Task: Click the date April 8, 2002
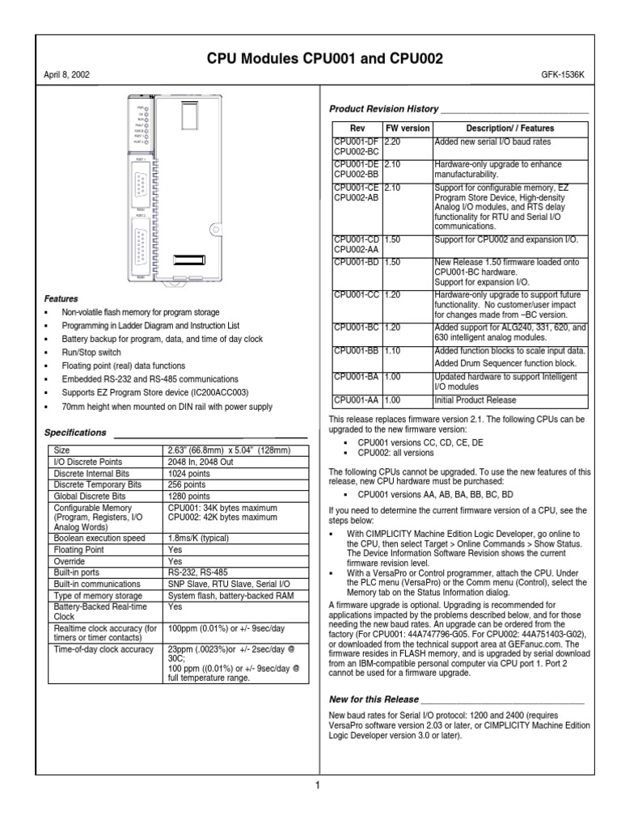coord(66,74)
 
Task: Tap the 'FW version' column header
coord(408,129)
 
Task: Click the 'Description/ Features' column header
coord(511,129)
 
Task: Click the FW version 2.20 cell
coord(395,142)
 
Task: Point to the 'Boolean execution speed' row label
coord(99,538)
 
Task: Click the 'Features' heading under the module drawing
coord(61,298)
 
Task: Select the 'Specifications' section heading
coord(75,433)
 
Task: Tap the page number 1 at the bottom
coord(319,786)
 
